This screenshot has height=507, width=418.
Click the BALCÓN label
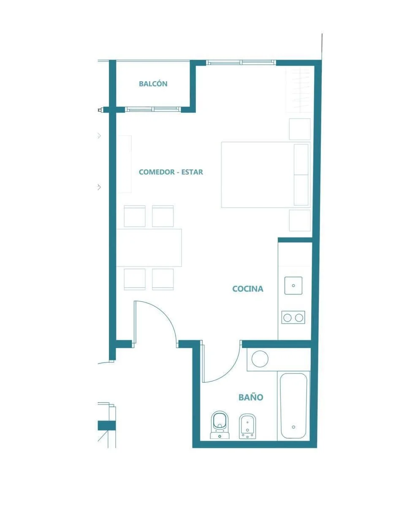pyautogui.click(x=153, y=84)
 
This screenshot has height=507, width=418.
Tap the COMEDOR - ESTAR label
pyautogui.click(x=171, y=172)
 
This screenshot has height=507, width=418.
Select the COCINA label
pyautogui.click(x=247, y=289)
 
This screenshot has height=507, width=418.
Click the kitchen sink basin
pyautogui.click(x=293, y=286)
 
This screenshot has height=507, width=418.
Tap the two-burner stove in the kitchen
pyautogui.click(x=293, y=317)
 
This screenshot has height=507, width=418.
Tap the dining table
pyautogui.click(x=149, y=248)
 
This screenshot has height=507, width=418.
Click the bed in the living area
pyautogui.click(x=266, y=175)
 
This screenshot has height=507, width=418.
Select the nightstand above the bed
pyautogui.click(x=300, y=129)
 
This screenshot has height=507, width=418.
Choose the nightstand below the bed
pyautogui.click(x=300, y=220)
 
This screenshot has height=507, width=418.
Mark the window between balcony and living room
pyautogui.click(x=153, y=109)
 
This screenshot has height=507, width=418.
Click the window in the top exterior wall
pyautogui.click(x=241, y=63)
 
